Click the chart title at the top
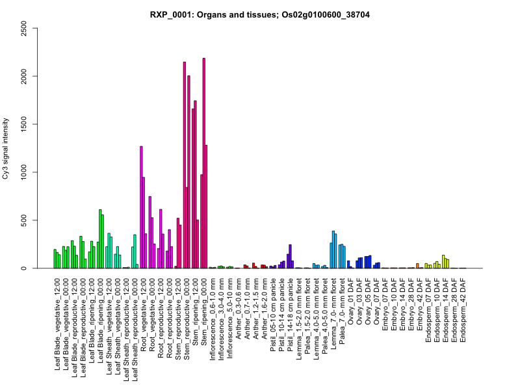(259, 14)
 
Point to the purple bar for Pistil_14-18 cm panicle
(291, 256)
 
